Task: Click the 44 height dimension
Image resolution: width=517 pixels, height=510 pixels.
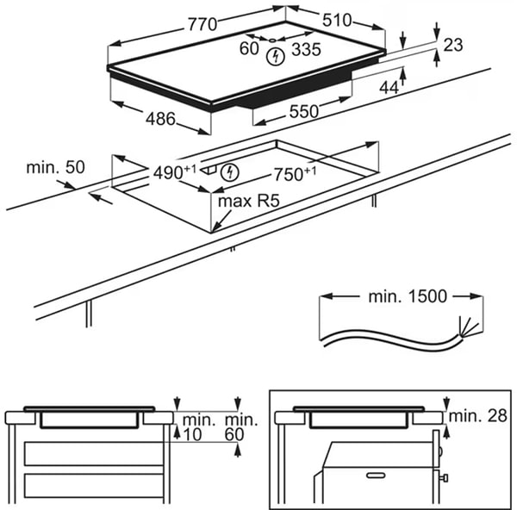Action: pyautogui.click(x=389, y=86)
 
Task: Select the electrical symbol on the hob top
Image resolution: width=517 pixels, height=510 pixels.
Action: pyautogui.click(x=275, y=58)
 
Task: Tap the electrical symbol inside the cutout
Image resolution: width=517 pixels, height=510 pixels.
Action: pyautogui.click(x=228, y=171)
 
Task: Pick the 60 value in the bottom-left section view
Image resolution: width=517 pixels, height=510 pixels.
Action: pyautogui.click(x=235, y=434)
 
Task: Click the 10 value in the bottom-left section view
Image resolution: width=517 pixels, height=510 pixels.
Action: pyautogui.click(x=192, y=434)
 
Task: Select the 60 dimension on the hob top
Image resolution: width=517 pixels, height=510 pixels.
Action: pyautogui.click(x=250, y=49)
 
